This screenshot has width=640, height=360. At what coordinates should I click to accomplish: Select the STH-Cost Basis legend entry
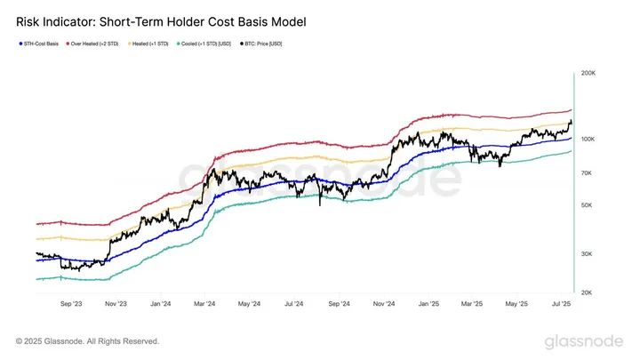(40, 43)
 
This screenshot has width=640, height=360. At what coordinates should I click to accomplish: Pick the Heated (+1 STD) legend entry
(154, 43)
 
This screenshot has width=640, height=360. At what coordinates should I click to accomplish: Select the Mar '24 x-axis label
(204, 303)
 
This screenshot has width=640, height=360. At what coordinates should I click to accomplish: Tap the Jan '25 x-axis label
(428, 303)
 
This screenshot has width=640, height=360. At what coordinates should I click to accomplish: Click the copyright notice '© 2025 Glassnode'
(88, 340)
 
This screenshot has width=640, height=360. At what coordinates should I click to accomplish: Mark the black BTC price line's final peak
(570, 121)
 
